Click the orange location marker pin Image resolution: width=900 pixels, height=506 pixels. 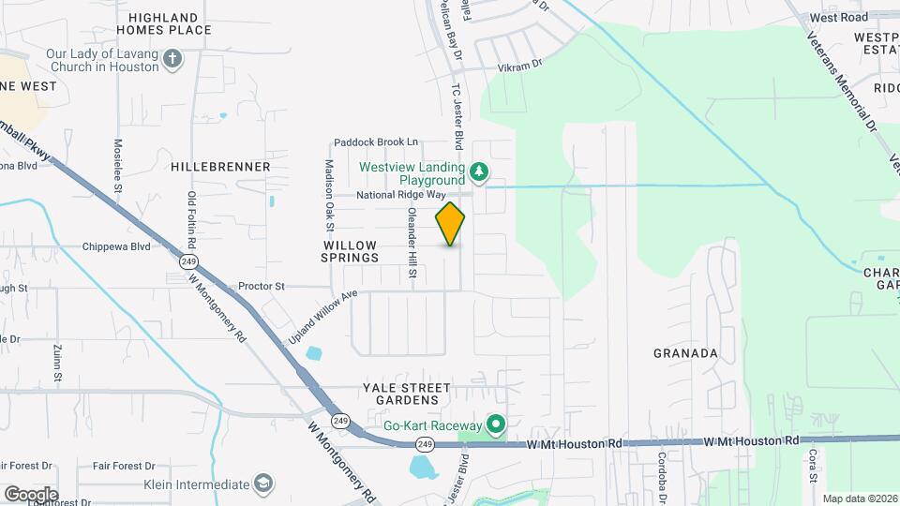pyautogui.click(x=450, y=224)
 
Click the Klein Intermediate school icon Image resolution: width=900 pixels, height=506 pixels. pyautogui.click(x=265, y=484)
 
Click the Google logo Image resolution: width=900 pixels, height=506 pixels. pyautogui.click(x=31, y=494)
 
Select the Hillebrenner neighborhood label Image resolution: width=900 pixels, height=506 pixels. pyautogui.click(x=220, y=167)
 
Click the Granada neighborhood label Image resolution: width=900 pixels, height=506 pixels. pyautogui.click(x=685, y=353)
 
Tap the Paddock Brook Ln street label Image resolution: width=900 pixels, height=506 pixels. pyautogui.click(x=376, y=142)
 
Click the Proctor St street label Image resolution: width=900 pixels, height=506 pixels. pyautogui.click(x=262, y=286)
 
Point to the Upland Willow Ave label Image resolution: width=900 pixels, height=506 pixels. pyautogui.click(x=324, y=314)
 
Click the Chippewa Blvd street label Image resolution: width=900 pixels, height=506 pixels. pyautogui.click(x=118, y=246)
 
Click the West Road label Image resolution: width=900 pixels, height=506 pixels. pyautogui.click(x=839, y=17)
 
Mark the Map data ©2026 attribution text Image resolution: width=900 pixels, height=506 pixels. pyautogui.click(x=859, y=499)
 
